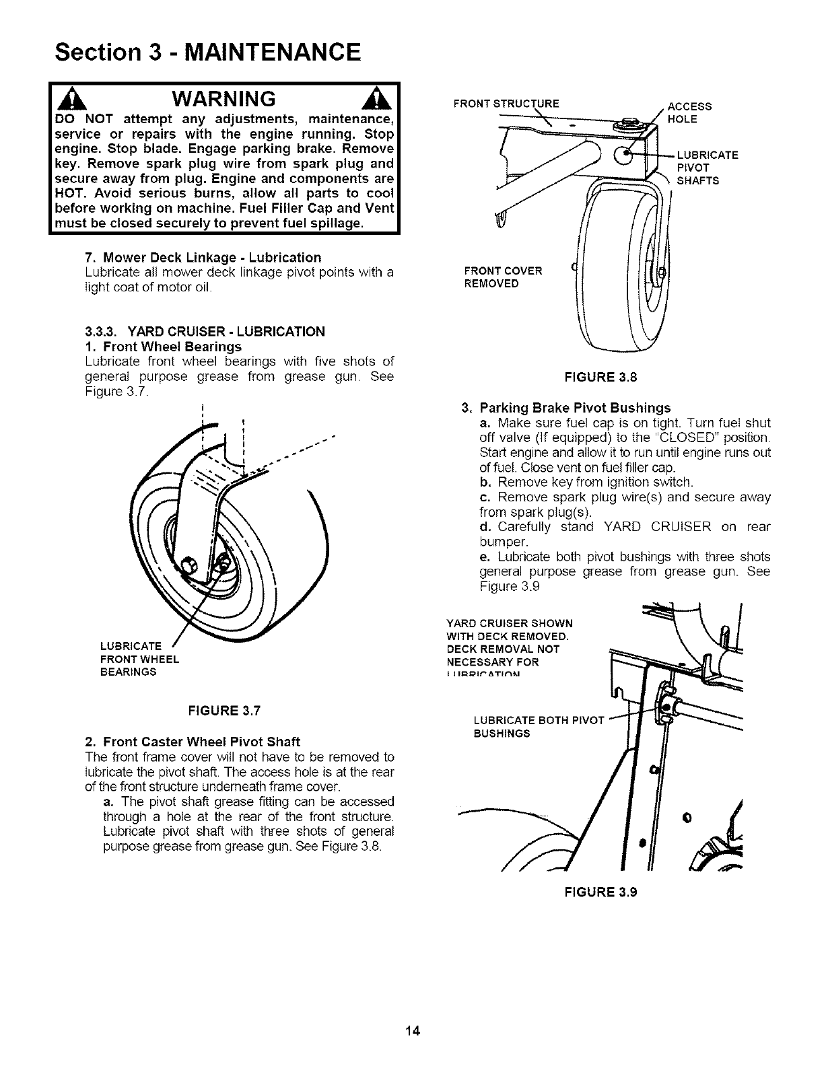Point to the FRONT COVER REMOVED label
[x=504, y=277]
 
